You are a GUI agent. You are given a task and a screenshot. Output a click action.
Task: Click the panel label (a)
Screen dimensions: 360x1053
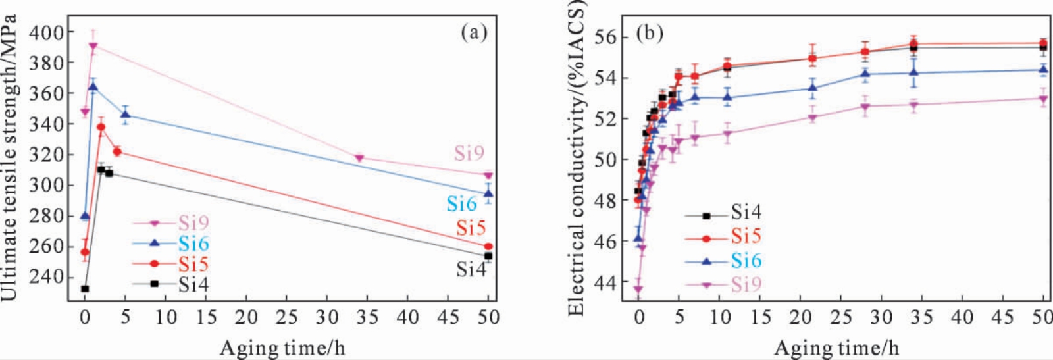pyautogui.click(x=474, y=32)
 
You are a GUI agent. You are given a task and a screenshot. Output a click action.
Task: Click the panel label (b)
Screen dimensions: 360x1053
pyautogui.click(x=649, y=33)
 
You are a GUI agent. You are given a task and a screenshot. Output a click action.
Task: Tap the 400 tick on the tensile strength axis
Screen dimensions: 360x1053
pyautogui.click(x=47, y=32)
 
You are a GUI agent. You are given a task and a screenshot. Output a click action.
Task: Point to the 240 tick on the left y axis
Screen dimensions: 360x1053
pyautogui.click(x=47, y=277)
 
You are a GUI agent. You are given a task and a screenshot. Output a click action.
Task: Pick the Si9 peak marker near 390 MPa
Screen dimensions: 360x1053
pyautogui.click(x=93, y=46)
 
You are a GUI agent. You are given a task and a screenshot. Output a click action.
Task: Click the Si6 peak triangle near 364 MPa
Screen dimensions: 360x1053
pyautogui.click(x=93, y=87)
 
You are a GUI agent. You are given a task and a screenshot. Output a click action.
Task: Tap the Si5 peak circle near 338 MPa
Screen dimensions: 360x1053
pyautogui.click(x=101, y=127)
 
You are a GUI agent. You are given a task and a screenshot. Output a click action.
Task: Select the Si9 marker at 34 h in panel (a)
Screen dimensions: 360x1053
pyautogui.click(x=359, y=158)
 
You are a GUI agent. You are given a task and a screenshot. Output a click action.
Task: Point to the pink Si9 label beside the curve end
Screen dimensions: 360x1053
pyautogui.click(x=469, y=153)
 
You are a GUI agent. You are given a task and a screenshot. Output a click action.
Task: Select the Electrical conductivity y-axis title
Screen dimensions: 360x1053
pyautogui.click(x=576, y=158)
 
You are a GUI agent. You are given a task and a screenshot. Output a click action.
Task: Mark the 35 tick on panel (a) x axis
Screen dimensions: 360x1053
pyautogui.click(x=367, y=318)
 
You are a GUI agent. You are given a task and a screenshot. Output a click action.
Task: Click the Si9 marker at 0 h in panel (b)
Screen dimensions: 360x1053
pyautogui.click(x=638, y=289)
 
